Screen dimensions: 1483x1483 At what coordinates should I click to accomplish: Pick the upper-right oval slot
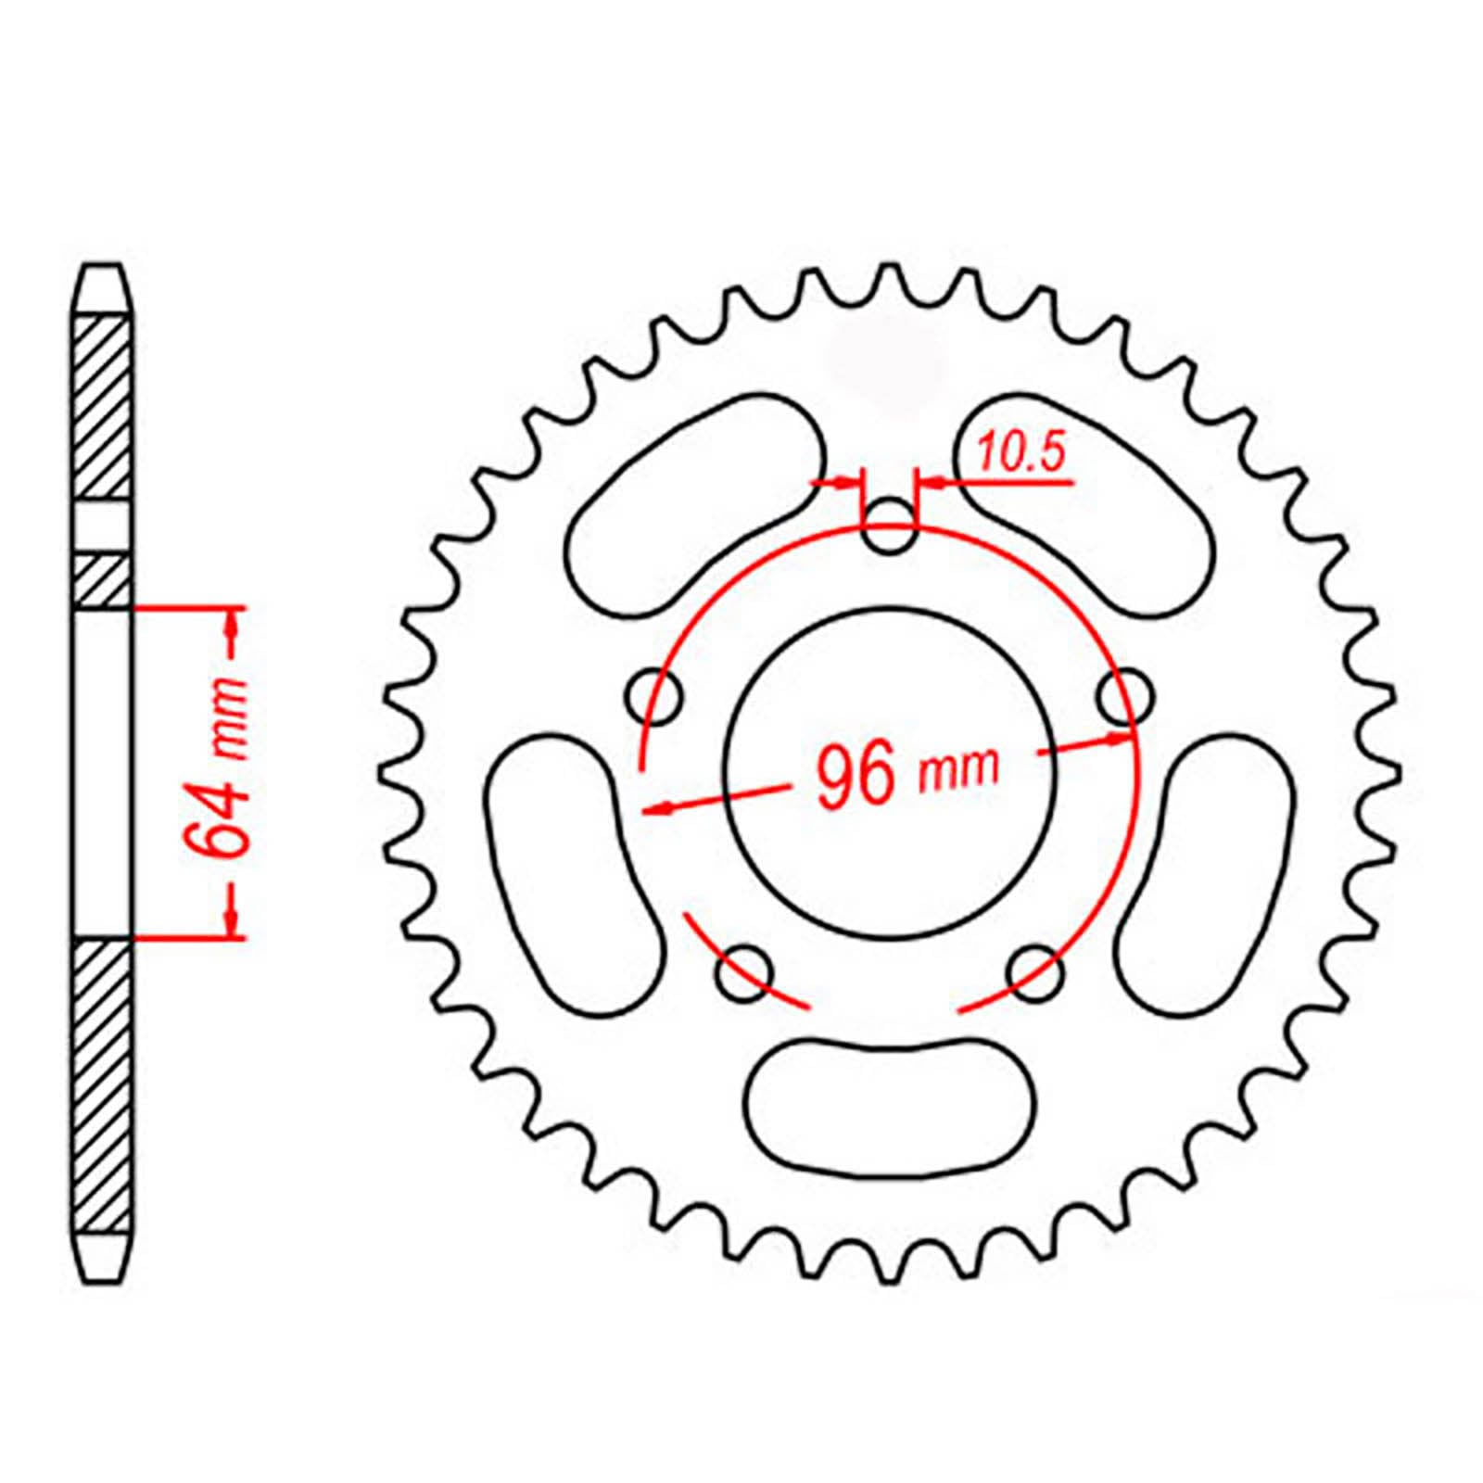[x=1084, y=505]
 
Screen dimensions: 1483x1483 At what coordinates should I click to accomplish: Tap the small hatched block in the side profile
[x=101, y=581]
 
